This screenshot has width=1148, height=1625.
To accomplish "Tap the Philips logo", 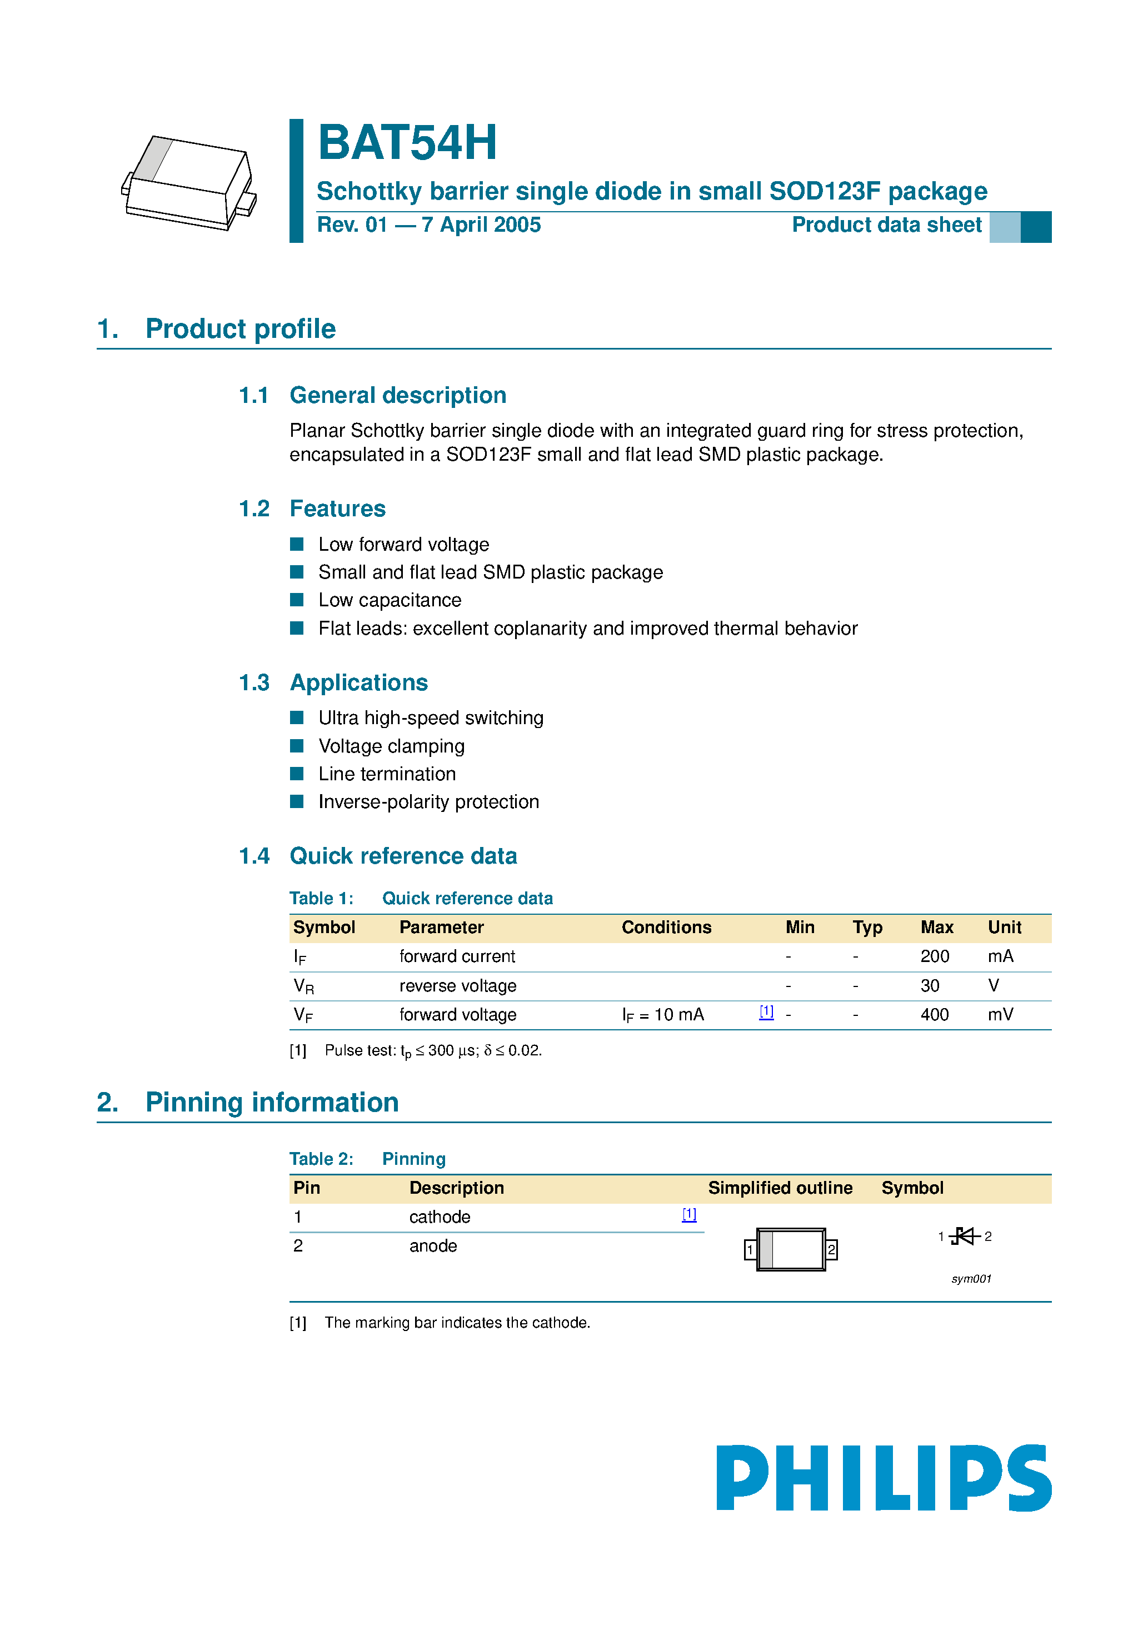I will [884, 1477].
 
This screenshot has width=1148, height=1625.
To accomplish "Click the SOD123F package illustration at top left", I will [189, 183].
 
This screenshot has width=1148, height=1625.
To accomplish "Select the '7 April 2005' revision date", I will [481, 225].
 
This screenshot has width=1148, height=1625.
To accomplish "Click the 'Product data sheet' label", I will [886, 225].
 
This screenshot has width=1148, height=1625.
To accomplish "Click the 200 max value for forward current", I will [934, 956].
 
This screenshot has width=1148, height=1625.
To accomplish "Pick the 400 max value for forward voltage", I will [934, 1014].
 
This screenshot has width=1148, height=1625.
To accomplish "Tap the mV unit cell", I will [1000, 1014].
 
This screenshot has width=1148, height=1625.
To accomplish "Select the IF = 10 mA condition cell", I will [662, 1015].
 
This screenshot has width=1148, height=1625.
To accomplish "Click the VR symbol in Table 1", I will [303, 986].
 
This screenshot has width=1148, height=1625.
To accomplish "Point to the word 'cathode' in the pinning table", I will [440, 1217].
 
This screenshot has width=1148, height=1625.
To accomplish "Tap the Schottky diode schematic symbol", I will [964, 1237].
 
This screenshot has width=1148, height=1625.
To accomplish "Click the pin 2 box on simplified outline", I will [832, 1250].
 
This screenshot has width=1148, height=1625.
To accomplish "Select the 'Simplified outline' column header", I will [780, 1188].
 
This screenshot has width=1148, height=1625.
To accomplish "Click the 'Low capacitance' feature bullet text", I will [390, 600].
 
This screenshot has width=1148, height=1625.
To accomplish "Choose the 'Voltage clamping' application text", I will [391, 746].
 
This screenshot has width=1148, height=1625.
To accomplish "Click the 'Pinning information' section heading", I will [272, 1102].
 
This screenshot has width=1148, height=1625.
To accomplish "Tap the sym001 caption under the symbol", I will [971, 1279].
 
